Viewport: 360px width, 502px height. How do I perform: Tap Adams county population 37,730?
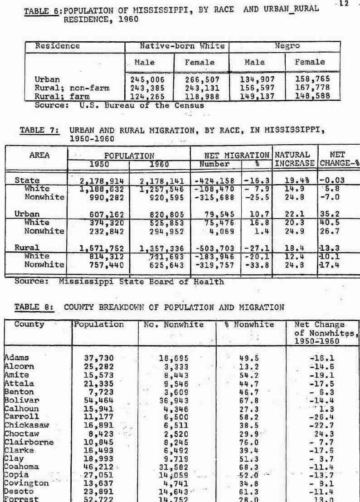[x=99, y=357]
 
